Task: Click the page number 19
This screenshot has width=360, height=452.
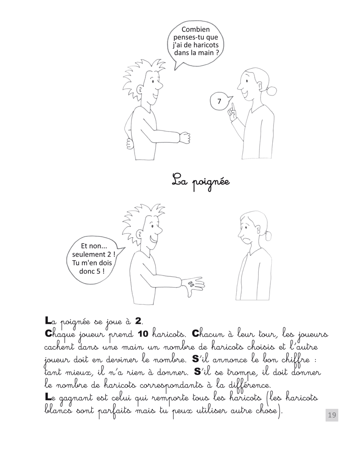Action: click(332, 415)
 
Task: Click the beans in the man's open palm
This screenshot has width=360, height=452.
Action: click(191, 284)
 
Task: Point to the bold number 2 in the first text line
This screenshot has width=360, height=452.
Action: click(139, 321)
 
